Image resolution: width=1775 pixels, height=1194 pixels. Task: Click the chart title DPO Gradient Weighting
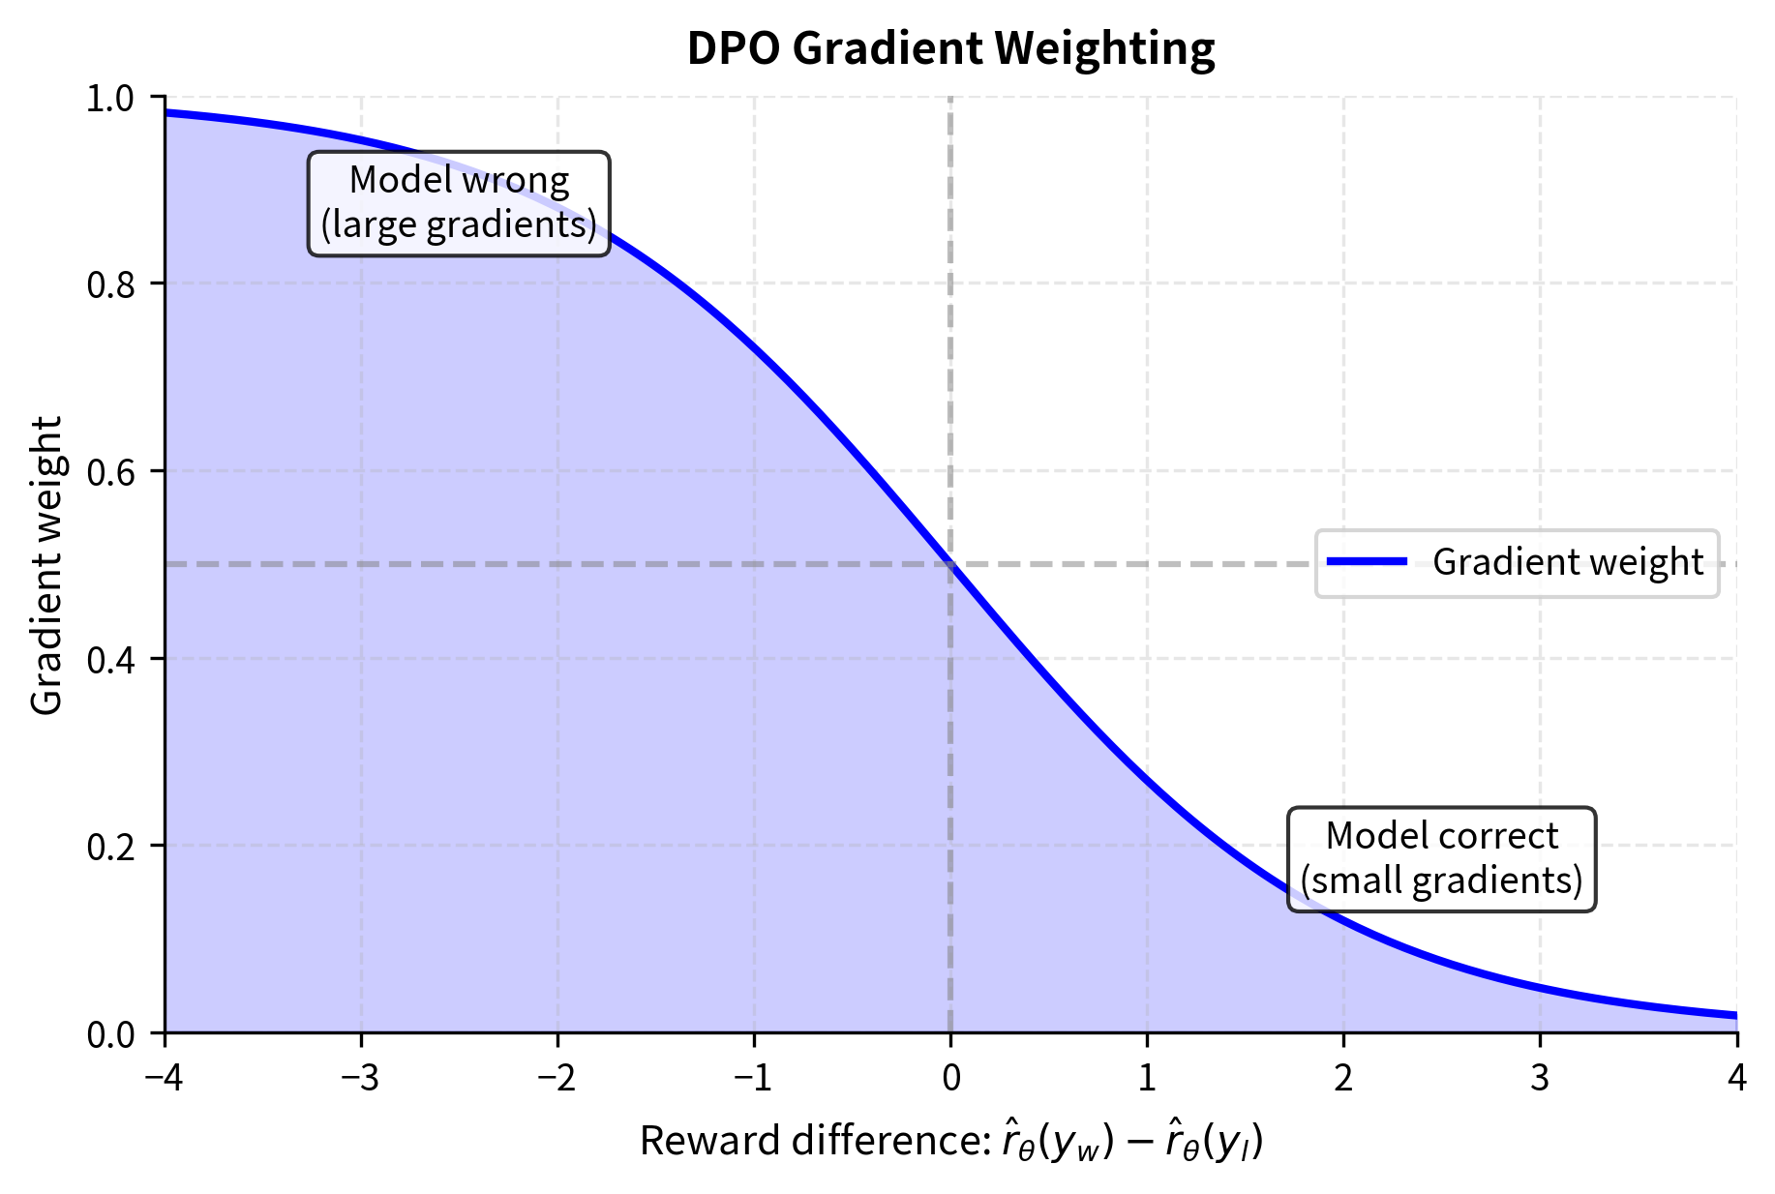(950, 48)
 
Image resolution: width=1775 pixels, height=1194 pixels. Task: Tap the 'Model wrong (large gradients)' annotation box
(459, 203)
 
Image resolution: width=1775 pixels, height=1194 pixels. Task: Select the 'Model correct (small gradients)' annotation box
(1441, 859)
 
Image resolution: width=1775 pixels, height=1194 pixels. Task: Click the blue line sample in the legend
(1367, 562)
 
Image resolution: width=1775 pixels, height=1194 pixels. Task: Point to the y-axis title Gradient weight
(46, 565)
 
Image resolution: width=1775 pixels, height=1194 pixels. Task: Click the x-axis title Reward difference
(950, 1142)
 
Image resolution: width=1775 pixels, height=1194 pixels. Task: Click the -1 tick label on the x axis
(754, 1078)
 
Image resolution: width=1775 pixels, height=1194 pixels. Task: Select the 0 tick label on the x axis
(950, 1078)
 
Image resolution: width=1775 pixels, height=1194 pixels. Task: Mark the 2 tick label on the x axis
(1343, 1078)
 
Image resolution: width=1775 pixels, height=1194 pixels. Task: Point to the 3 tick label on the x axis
(1540, 1078)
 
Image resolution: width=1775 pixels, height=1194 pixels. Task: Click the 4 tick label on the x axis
(1736, 1078)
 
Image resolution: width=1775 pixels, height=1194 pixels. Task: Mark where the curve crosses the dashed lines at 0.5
(950, 564)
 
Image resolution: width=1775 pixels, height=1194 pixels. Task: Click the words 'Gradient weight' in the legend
(1567, 562)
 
